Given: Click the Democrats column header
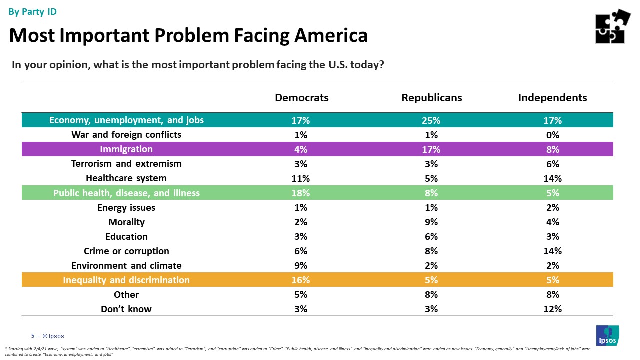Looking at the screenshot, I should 301,98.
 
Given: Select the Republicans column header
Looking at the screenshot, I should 431,98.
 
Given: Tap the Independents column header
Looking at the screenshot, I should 552,98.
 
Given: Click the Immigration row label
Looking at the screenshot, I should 126,149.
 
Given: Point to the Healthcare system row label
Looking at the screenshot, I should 126,178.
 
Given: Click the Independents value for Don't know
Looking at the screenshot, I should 553,309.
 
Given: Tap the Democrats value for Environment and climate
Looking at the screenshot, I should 301,265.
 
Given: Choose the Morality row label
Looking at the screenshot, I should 126,222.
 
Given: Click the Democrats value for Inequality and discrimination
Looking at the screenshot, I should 301,280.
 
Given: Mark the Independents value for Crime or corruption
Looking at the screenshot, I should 553,251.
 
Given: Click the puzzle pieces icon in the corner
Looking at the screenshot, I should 612,26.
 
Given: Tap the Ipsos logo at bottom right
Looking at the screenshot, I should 607,335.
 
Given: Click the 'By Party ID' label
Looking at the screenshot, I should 33,12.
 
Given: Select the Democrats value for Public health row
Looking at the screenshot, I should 301,193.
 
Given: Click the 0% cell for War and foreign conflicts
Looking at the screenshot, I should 553,135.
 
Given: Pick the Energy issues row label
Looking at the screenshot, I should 126,207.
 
